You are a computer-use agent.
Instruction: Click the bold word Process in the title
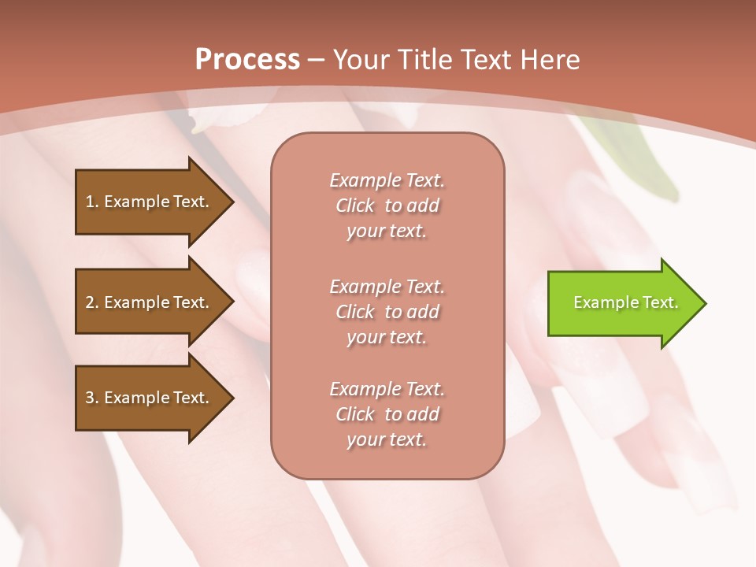pyautogui.click(x=247, y=60)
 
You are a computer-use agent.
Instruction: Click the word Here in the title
pyautogui.click(x=549, y=60)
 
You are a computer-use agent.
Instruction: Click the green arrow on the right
pyautogui.click(x=622, y=302)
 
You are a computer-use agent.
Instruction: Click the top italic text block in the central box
pyautogui.click(x=387, y=206)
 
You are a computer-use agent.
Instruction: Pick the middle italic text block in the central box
pyautogui.click(x=387, y=312)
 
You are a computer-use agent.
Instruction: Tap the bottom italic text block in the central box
pyautogui.click(x=387, y=414)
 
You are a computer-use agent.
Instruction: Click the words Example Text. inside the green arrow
pyautogui.click(x=625, y=302)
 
